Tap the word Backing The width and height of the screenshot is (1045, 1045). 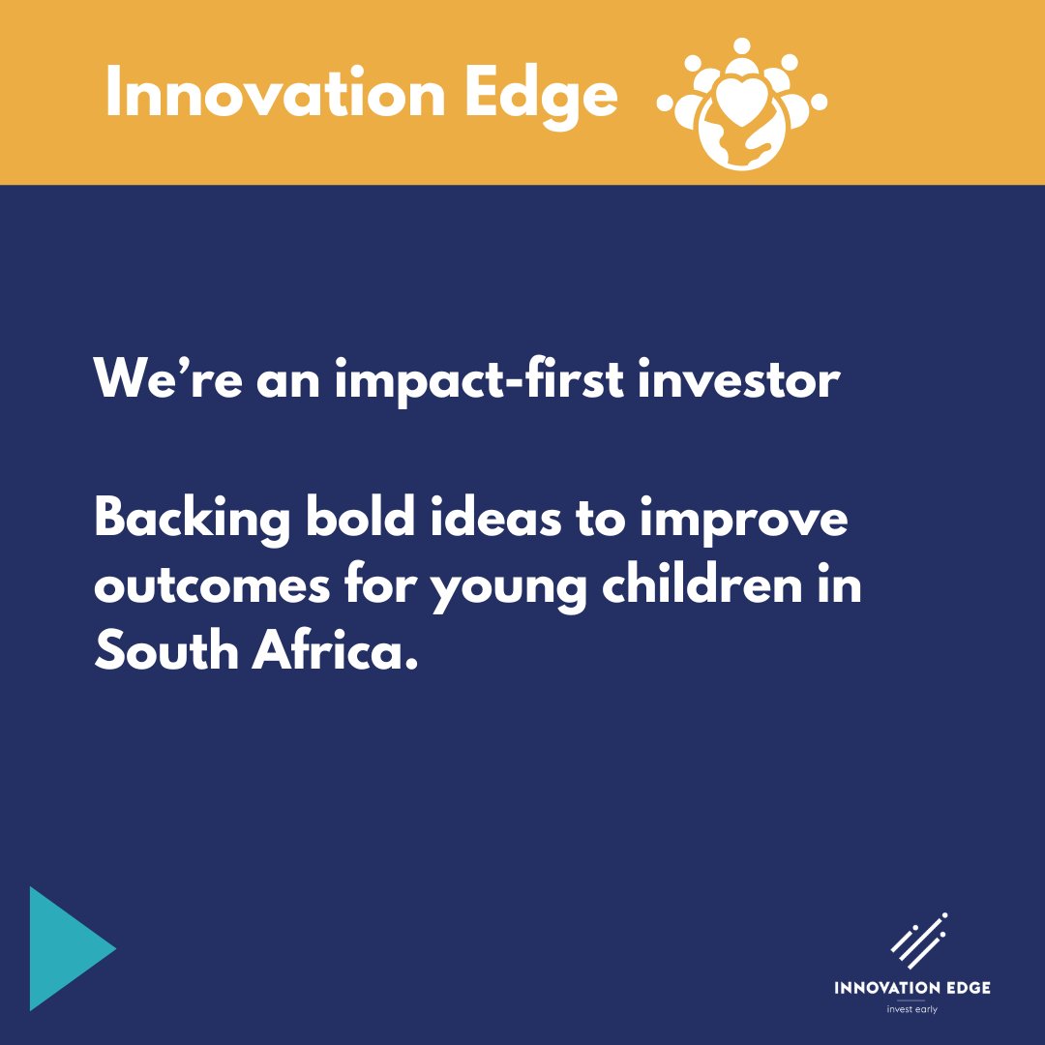192,523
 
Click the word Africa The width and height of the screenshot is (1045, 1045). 339,650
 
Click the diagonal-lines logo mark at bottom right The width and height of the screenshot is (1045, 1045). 918,939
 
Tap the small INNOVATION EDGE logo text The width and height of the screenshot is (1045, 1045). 912,987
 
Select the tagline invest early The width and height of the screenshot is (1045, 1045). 912,1009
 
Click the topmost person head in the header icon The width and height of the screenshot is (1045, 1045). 741,45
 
